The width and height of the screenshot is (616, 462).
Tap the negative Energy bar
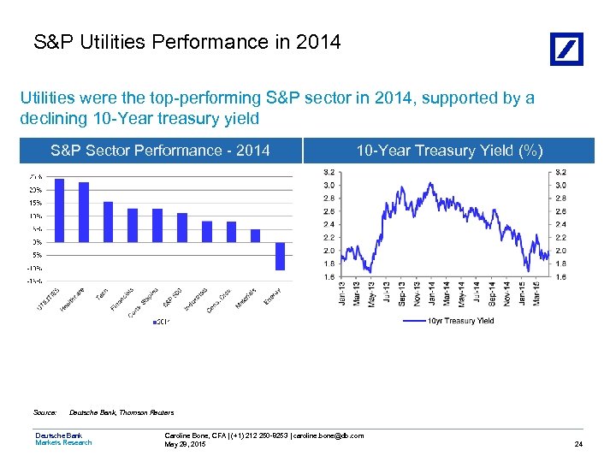(x=280, y=256)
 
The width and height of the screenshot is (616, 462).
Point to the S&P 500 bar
(x=181, y=228)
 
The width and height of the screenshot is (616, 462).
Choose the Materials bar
(x=255, y=235)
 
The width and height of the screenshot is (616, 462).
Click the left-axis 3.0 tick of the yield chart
(x=329, y=185)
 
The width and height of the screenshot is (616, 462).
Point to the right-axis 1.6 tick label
(x=562, y=277)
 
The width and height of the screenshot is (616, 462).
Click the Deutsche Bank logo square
(x=566, y=49)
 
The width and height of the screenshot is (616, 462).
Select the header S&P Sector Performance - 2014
(x=160, y=151)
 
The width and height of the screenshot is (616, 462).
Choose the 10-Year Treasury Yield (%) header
(x=449, y=151)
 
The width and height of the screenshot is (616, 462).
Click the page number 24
(x=579, y=443)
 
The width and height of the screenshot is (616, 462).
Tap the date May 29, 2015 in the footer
(x=186, y=443)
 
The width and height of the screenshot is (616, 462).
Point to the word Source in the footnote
(x=45, y=412)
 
